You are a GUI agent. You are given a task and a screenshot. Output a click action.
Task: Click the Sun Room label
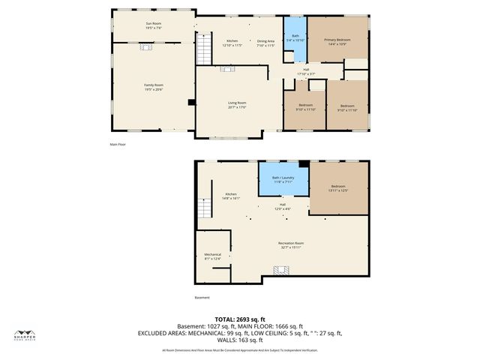(153, 25)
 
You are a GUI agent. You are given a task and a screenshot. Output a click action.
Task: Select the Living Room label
(237, 104)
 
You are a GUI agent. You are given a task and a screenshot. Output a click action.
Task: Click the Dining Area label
(265, 43)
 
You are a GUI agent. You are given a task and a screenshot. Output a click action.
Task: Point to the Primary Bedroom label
(338, 40)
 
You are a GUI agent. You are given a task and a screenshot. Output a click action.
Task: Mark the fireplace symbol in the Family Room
(145, 46)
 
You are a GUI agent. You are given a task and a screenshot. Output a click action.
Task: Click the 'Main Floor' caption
(117, 144)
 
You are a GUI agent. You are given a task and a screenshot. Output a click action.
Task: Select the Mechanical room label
(213, 256)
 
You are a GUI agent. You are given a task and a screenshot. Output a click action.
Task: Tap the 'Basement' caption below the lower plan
(202, 298)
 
